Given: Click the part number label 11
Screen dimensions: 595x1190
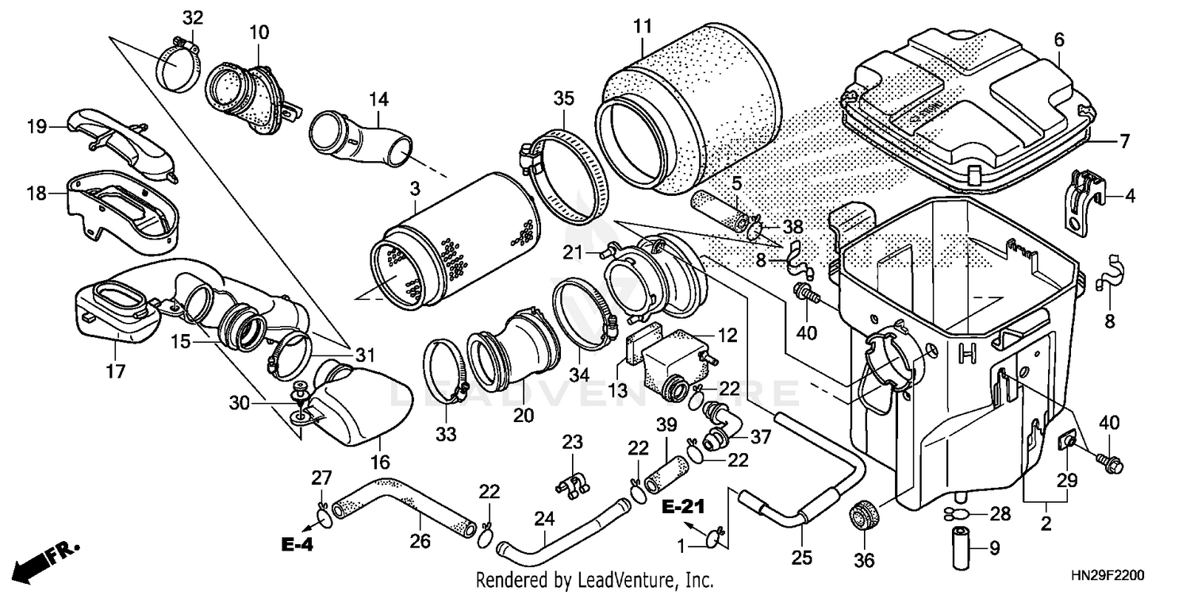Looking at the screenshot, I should click(x=642, y=25).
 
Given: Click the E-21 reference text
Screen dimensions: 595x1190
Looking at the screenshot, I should click(x=683, y=506).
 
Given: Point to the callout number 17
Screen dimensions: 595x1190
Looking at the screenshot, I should click(x=116, y=371).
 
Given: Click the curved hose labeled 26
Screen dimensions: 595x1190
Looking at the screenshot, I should click(x=401, y=508).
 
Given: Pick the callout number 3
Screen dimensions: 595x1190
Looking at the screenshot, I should click(x=414, y=188).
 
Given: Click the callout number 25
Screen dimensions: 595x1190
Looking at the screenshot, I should click(x=802, y=559).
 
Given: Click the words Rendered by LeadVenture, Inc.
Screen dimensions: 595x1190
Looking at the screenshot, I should click(x=594, y=580).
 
